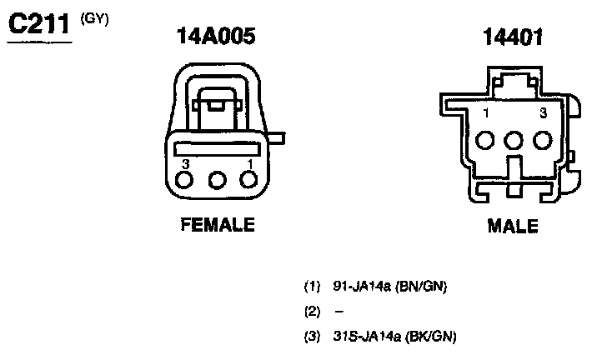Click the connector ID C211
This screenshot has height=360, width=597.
pos(39,24)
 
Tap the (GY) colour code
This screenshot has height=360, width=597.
pos(94,19)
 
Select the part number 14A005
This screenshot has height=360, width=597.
pos(216,36)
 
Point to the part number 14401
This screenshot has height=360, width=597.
pos(513,37)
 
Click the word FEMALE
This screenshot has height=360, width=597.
pos(218,224)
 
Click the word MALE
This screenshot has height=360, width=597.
pos(513,226)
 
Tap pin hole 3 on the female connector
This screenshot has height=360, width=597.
pos(184,180)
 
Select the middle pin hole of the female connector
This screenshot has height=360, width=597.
pos(218,180)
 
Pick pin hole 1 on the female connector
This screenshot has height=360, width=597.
pos(248,180)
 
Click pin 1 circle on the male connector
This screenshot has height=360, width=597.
pos(485,140)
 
